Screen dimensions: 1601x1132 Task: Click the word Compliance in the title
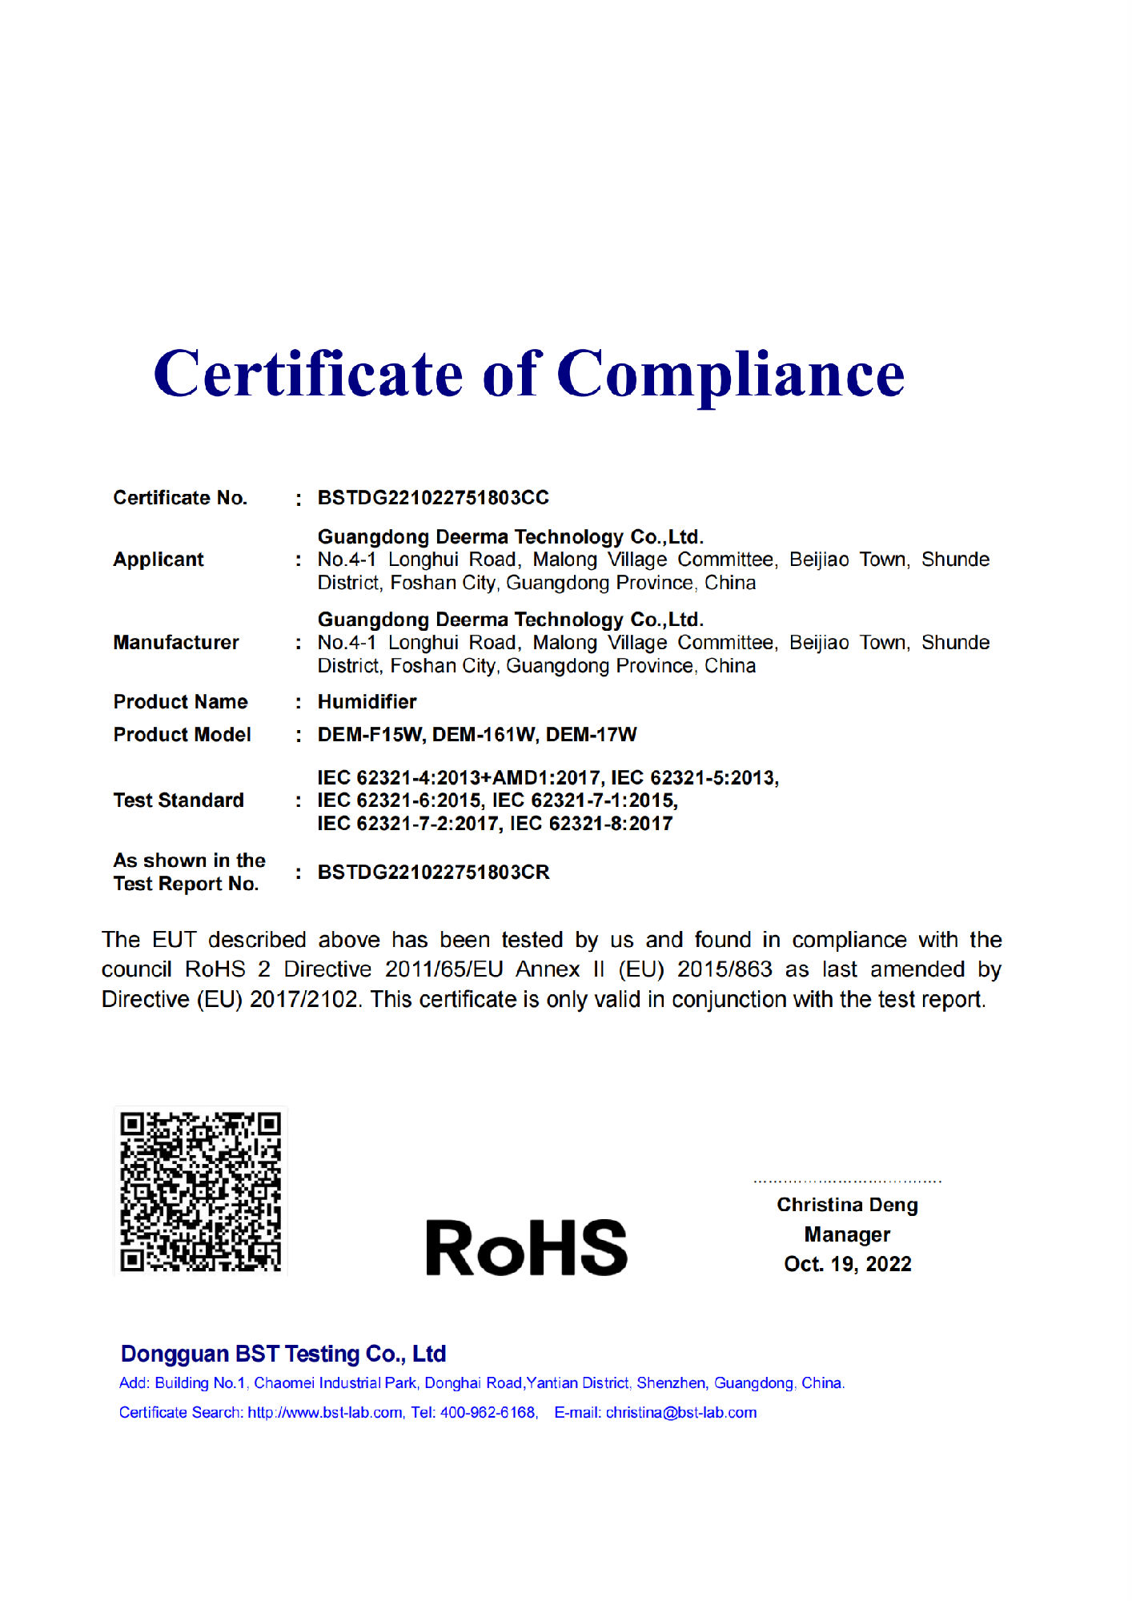click(730, 375)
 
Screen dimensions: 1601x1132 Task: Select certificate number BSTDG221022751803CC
click(433, 498)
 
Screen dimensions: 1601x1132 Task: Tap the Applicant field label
click(159, 560)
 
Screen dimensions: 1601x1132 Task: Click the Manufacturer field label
click(176, 643)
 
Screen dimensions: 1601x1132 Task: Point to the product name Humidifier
click(367, 702)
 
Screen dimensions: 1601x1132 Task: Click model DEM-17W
click(592, 735)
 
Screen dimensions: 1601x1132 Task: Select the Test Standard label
click(179, 800)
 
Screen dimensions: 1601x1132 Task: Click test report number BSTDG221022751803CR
click(433, 873)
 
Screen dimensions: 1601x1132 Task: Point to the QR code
click(200, 1191)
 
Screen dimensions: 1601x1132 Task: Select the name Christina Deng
click(847, 1205)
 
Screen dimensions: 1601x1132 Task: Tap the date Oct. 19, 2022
click(847, 1264)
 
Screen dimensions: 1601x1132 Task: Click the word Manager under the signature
click(847, 1234)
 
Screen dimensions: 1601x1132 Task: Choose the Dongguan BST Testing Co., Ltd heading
click(283, 1354)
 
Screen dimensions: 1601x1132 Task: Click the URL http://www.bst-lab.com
click(325, 1413)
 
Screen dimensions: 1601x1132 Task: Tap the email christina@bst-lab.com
click(680, 1413)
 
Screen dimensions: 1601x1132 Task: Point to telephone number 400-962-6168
click(488, 1413)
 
